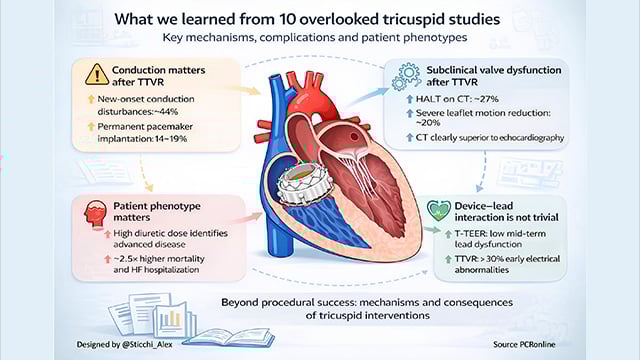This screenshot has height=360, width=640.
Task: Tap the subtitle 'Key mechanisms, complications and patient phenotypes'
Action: tap(321, 40)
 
